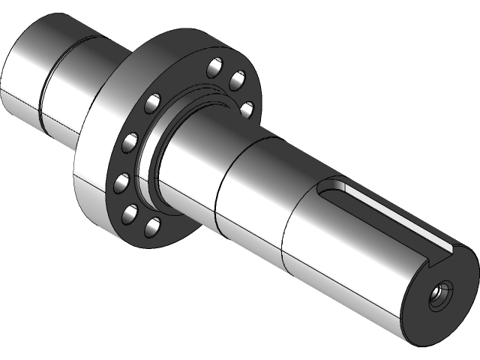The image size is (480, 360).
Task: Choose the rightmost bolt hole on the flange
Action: tap(246, 109)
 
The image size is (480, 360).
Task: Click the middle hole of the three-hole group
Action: tap(238, 79)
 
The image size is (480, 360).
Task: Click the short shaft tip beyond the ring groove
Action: tap(22, 67)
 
